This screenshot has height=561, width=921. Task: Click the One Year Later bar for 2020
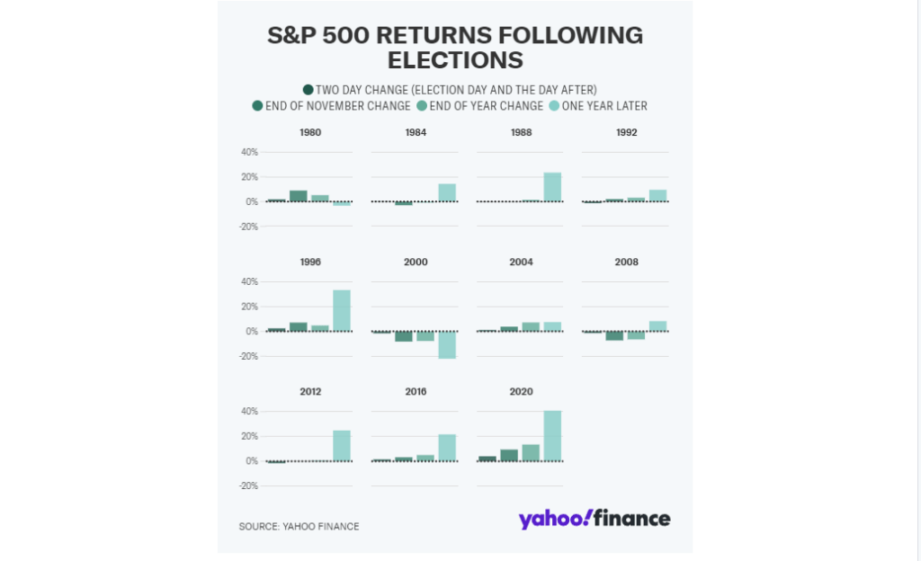coord(552,436)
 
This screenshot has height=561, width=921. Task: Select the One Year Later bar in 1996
coord(342,311)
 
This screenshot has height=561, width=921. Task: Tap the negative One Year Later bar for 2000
coord(447,345)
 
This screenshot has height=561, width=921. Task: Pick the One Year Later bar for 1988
coord(552,187)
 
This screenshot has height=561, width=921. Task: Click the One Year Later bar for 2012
coord(342,446)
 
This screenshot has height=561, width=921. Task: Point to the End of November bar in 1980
coord(299,196)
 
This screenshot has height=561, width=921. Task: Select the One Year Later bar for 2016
coord(447,448)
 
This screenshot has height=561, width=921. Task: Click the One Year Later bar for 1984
coord(447,192)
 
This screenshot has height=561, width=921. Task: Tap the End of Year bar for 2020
coord(531,453)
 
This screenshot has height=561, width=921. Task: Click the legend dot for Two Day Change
coord(308,89)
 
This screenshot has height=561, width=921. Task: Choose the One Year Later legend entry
coord(597,106)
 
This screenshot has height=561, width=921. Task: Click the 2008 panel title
coord(626,263)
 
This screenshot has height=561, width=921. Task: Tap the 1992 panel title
coord(626,132)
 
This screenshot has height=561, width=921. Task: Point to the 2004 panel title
coord(521,263)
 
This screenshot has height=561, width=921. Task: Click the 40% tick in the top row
coord(248,152)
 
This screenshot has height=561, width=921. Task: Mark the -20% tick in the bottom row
coord(248,486)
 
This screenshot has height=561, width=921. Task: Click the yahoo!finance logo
coord(594,519)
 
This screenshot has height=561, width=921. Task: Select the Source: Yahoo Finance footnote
coord(299,527)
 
